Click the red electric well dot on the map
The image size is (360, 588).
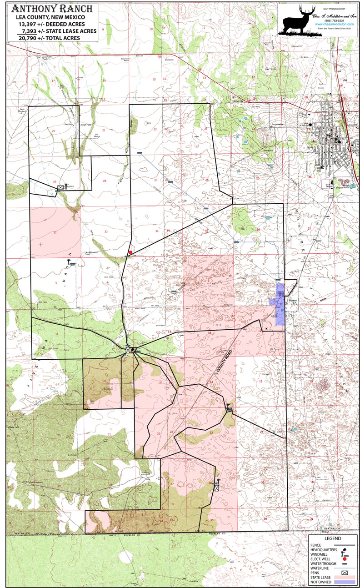pos(130,252)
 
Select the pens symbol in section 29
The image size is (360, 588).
pos(60,187)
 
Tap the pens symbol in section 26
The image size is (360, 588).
pos(216,488)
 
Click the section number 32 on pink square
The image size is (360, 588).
pos(55,232)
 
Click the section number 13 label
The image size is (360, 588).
pos(261,381)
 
